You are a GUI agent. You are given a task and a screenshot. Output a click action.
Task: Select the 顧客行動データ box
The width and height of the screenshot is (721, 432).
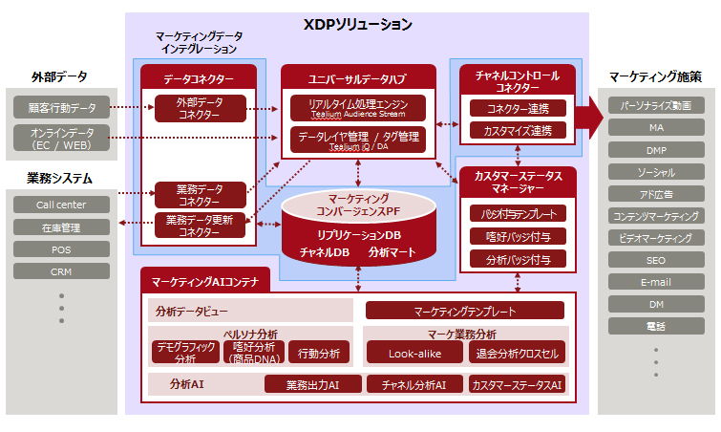pyautogui.click(x=62, y=107)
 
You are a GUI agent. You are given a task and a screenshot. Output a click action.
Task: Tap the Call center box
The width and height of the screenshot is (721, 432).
pyautogui.click(x=62, y=205)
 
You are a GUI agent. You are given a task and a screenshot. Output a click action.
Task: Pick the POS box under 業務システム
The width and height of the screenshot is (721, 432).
pyautogui.click(x=62, y=248)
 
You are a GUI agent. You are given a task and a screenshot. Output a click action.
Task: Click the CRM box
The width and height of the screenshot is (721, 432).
pyautogui.click(x=62, y=270)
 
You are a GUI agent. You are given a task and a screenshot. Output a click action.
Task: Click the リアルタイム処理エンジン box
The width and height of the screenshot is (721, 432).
pyautogui.click(x=358, y=107)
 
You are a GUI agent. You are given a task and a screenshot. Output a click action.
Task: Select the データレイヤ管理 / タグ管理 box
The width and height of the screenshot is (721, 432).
pyautogui.click(x=358, y=140)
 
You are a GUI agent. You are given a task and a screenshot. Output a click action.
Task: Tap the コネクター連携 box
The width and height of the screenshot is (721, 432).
pyautogui.click(x=518, y=108)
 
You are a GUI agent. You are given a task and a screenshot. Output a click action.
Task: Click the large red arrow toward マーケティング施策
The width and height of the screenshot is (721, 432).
pyautogui.click(x=589, y=118)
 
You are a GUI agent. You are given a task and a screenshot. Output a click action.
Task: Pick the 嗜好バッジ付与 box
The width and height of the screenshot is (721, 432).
pyautogui.click(x=518, y=235)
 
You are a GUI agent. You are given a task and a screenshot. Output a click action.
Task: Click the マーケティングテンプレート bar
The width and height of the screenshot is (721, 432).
pyautogui.click(x=465, y=311)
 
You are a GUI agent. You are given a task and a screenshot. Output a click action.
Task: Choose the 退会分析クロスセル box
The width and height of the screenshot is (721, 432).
pyautogui.click(x=518, y=353)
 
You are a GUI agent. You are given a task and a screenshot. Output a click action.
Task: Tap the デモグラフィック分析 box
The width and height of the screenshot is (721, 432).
pyautogui.click(x=185, y=353)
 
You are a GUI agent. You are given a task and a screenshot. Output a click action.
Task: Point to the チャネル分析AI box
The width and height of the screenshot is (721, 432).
pyautogui.click(x=414, y=384)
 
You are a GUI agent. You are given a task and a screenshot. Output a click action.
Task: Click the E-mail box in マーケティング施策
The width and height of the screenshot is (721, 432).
pyautogui.click(x=656, y=282)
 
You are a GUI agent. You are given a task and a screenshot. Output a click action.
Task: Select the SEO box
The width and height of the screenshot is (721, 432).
pyautogui.click(x=656, y=260)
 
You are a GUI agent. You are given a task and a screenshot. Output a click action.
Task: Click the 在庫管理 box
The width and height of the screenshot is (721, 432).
pyautogui.click(x=62, y=227)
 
